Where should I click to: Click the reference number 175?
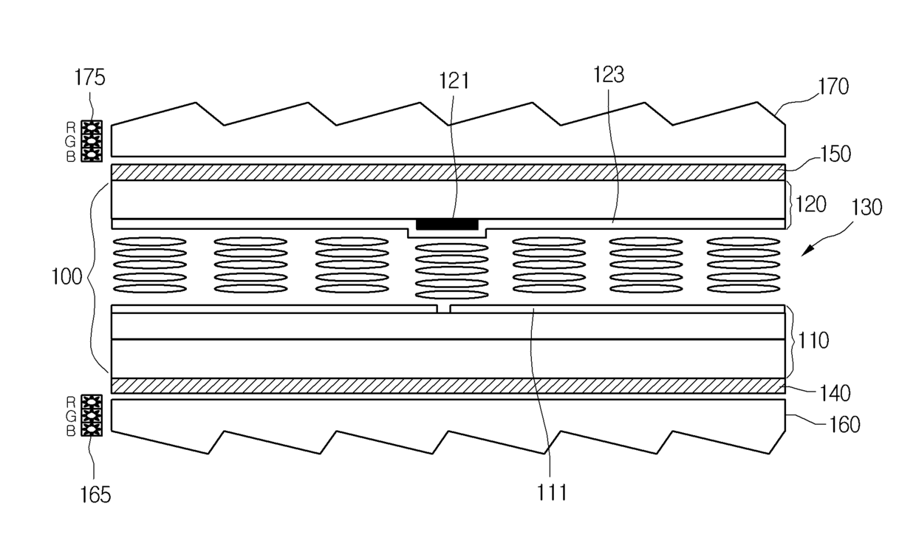click(89, 78)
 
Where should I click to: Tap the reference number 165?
click(95, 494)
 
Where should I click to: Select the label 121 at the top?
click(454, 81)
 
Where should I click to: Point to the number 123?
click(609, 75)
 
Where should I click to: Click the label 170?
click(833, 86)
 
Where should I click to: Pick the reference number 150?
click(835, 154)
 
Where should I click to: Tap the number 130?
click(867, 208)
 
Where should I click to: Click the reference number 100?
click(66, 277)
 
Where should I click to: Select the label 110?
click(813, 341)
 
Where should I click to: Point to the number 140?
click(835, 393)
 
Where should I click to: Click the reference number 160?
click(844, 425)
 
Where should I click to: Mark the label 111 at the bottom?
click(552, 493)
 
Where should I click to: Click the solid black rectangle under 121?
click(447, 225)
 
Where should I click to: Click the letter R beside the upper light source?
click(71, 128)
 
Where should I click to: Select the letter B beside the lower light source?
click(71, 432)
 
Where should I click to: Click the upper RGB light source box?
click(92, 141)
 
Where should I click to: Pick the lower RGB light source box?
click(92, 415)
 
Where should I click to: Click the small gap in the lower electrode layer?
click(443, 309)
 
